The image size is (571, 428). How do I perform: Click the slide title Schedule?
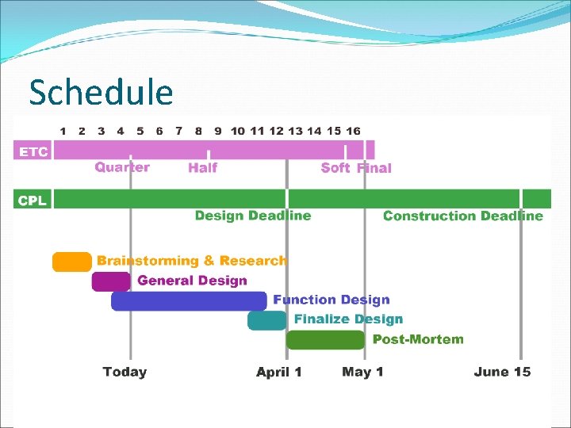(101, 92)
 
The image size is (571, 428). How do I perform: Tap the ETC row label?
(33, 151)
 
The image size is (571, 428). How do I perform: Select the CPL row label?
(32, 200)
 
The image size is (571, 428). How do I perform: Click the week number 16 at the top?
(353, 131)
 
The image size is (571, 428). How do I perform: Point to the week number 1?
(63, 131)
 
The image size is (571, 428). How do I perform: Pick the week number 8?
(198, 131)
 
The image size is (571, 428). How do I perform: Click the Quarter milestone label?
(122, 167)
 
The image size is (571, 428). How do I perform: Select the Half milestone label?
(202, 167)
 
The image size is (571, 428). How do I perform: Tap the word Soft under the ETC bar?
(335, 167)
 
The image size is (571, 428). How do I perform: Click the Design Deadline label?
(253, 216)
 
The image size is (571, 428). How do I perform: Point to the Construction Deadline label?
(463, 216)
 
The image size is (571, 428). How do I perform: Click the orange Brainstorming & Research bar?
(71, 262)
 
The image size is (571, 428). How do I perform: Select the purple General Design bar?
(111, 281)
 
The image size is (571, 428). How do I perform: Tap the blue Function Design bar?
(189, 300)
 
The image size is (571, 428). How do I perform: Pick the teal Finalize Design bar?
(266, 320)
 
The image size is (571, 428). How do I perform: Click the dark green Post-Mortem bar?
(325, 340)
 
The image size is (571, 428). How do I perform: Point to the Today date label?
(125, 372)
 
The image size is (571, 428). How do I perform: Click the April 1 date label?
(279, 372)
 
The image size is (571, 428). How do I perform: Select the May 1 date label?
(363, 372)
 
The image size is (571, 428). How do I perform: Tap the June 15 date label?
(502, 372)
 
